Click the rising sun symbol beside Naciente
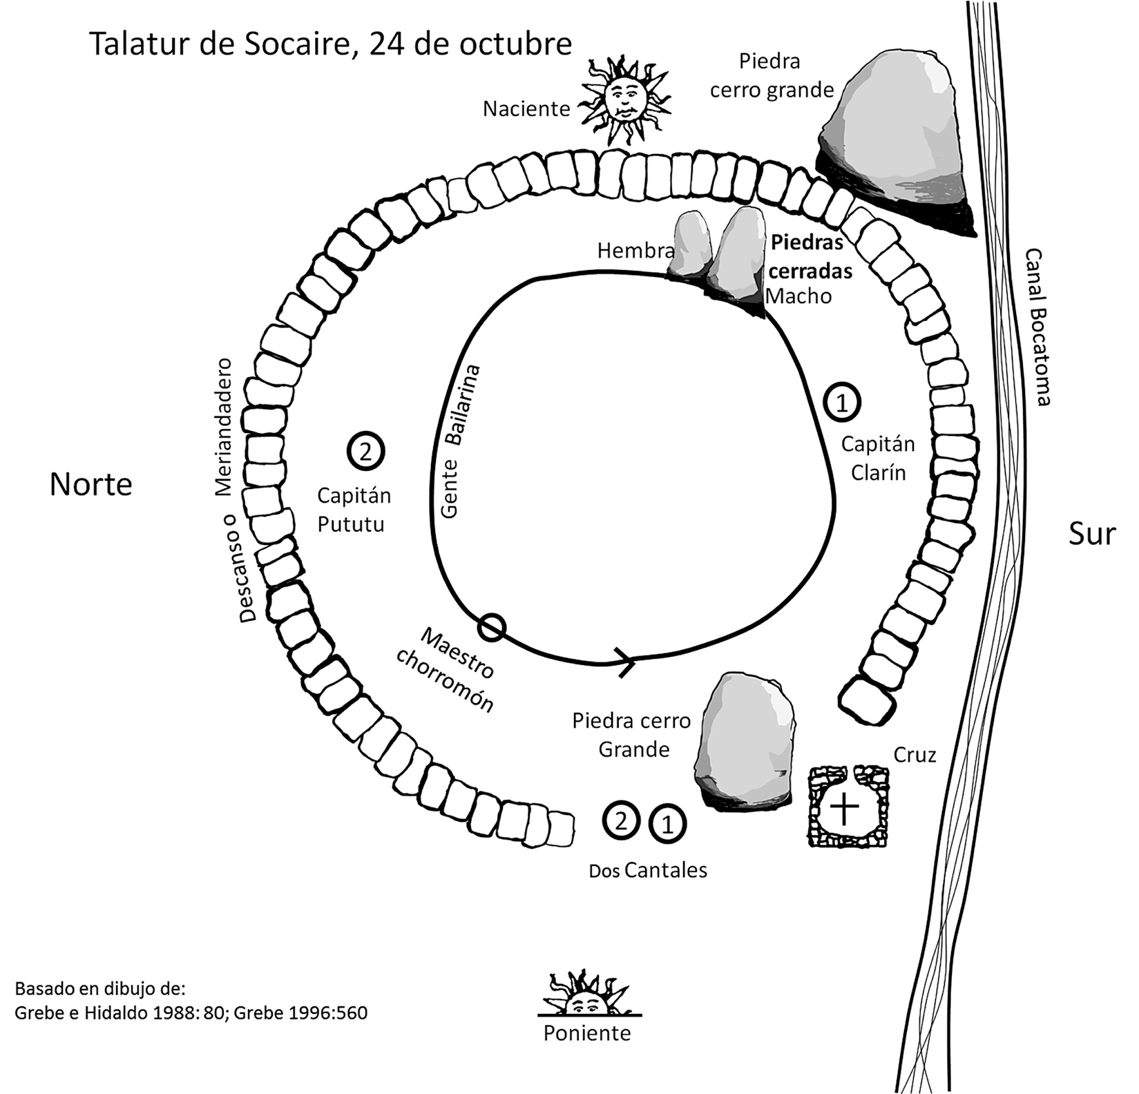click(x=626, y=102)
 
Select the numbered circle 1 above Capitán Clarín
click(x=842, y=401)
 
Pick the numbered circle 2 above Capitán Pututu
click(x=365, y=452)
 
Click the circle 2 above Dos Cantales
click(x=622, y=821)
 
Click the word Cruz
click(x=915, y=755)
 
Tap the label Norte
click(x=90, y=484)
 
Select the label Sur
click(x=1091, y=534)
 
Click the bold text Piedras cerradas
click(x=810, y=257)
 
